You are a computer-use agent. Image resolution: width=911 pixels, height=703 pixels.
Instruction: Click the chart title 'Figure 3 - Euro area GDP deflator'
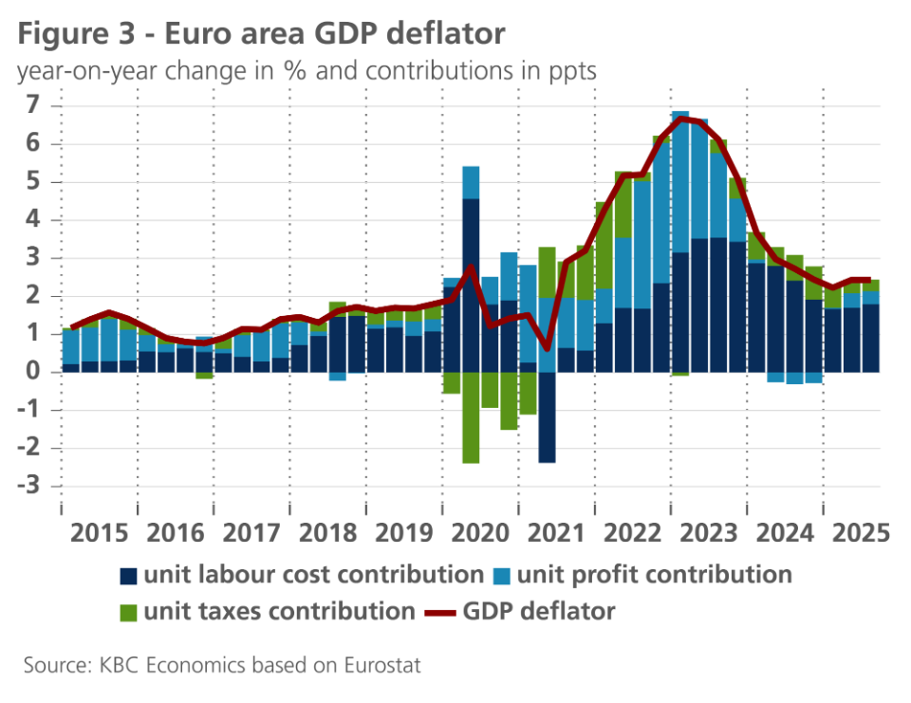(x=261, y=34)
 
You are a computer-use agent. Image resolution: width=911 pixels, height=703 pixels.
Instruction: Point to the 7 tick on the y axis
(x=36, y=105)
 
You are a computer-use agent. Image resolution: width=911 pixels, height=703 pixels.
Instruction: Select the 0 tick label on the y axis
(x=36, y=372)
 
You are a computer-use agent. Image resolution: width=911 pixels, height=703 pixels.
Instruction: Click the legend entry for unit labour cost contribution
(x=302, y=574)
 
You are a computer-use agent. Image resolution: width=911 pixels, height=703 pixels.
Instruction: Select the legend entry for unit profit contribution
(x=643, y=574)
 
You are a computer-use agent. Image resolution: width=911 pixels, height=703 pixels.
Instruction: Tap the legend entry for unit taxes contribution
(x=269, y=612)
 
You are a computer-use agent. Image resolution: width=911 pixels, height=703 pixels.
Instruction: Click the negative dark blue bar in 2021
(x=547, y=417)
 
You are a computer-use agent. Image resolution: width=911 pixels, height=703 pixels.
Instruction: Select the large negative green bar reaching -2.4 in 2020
(x=471, y=417)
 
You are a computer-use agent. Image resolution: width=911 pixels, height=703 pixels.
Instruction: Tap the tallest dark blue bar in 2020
(x=471, y=285)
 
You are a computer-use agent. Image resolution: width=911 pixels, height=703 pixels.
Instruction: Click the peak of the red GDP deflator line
(x=681, y=119)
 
